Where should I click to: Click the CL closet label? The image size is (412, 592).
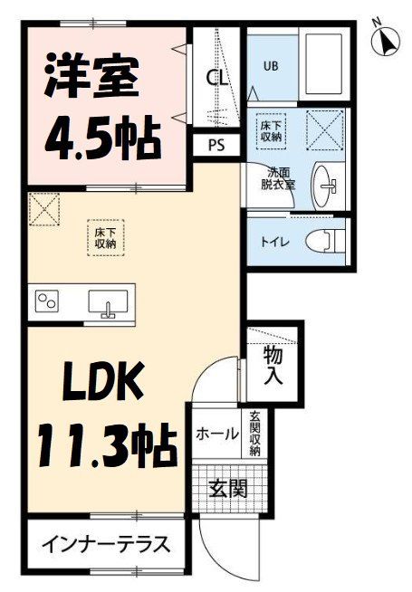click(x=217, y=78)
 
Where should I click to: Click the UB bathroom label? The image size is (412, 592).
click(x=271, y=65)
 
